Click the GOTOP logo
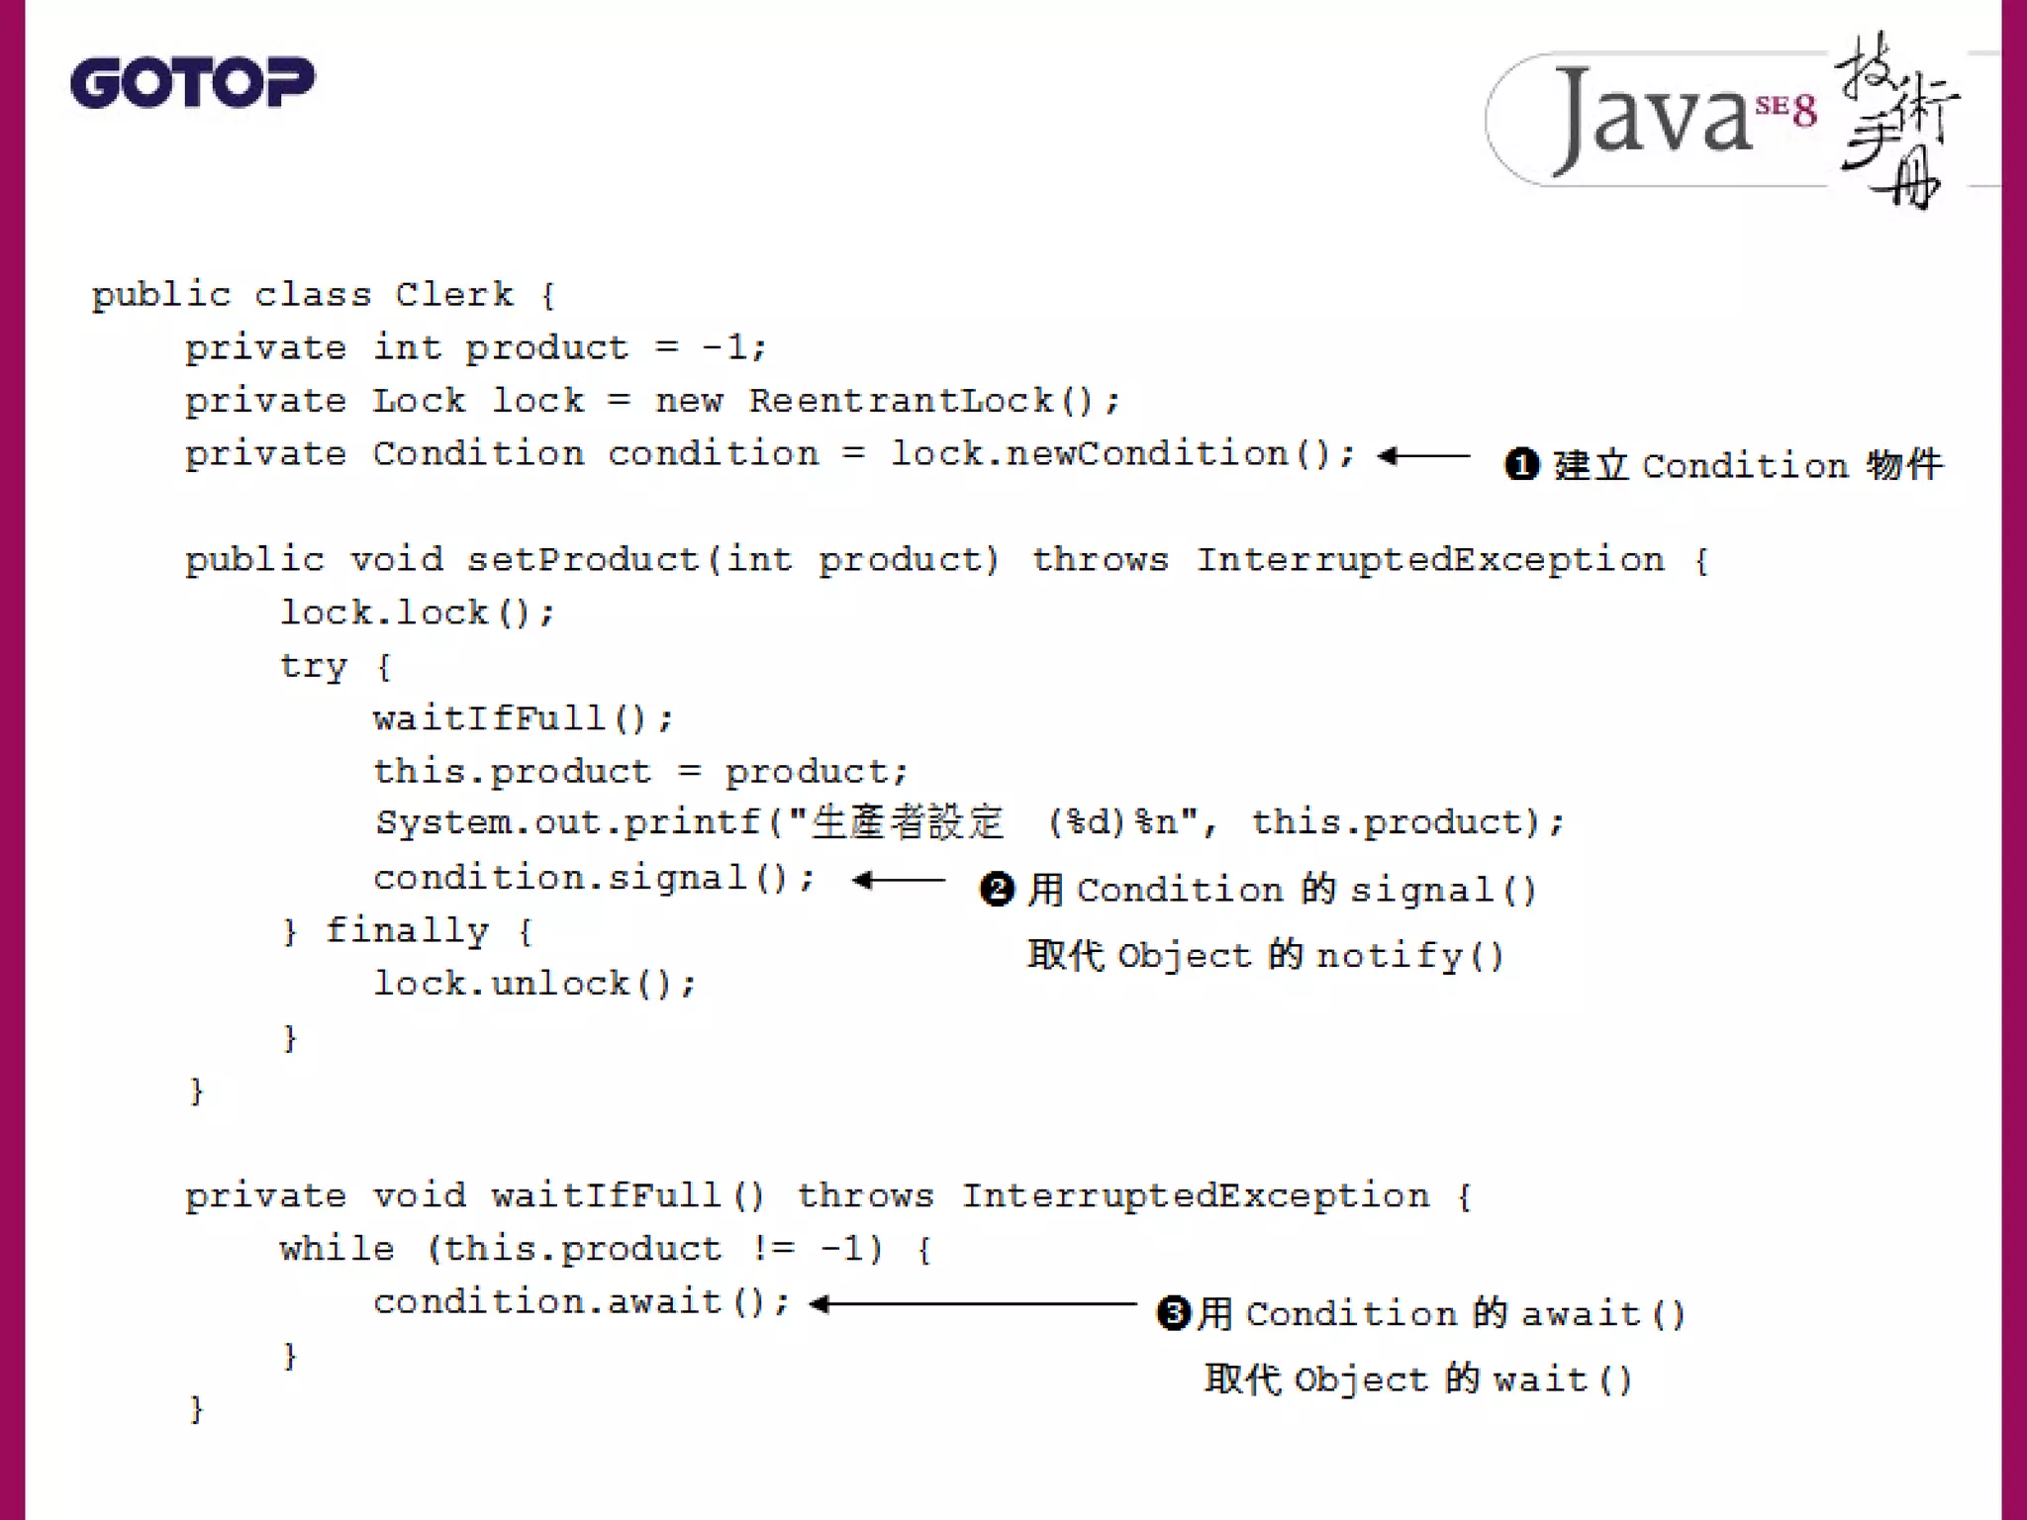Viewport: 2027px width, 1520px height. point(192,82)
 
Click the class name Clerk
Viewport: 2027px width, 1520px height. point(454,294)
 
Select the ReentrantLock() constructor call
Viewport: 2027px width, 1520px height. point(932,401)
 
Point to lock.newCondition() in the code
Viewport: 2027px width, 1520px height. point(1121,453)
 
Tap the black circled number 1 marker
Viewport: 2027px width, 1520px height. point(1521,464)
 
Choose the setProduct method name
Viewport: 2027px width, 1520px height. point(583,560)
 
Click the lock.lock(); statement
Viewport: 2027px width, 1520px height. point(417,613)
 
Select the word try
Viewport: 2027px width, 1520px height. point(313,666)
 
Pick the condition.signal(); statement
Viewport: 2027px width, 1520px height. point(594,878)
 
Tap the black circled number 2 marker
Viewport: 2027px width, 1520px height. point(997,889)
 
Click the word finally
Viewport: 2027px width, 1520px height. point(407,930)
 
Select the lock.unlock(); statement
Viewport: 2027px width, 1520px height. point(534,984)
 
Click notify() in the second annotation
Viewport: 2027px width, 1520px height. point(1409,956)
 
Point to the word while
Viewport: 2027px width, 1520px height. point(337,1249)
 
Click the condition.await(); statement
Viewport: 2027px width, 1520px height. point(581,1302)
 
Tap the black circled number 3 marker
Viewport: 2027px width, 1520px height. point(1173,1313)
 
